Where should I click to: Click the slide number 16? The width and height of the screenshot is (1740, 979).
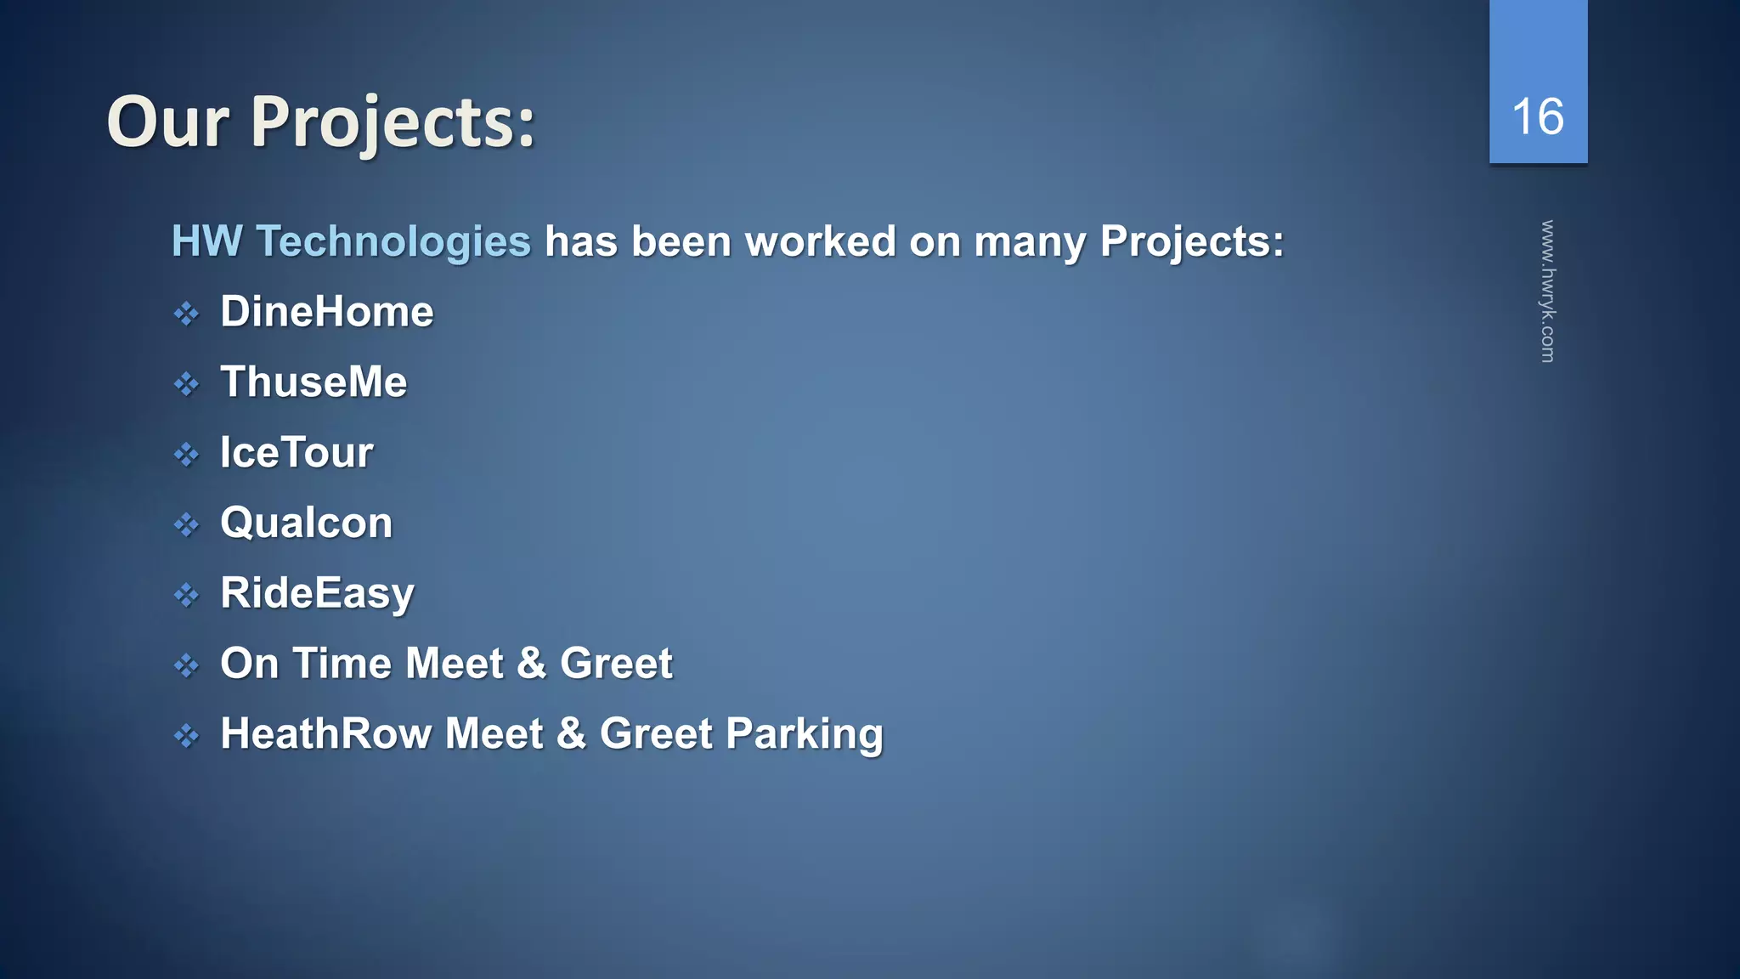point(1538,116)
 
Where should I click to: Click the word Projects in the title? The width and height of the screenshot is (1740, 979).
point(393,123)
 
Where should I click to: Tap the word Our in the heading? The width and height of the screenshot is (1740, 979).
point(167,123)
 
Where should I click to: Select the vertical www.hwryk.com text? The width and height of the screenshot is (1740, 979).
point(1548,291)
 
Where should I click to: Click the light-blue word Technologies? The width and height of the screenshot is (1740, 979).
point(393,242)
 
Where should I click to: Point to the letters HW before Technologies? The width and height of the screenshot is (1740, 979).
point(206,241)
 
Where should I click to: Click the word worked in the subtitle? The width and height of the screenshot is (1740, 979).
point(821,241)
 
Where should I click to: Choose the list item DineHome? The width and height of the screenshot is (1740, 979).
point(326,312)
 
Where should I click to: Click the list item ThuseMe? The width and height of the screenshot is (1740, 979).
point(314,382)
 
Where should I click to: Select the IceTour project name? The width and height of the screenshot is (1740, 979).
point(297,452)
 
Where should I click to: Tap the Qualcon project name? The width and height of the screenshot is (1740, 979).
point(306,523)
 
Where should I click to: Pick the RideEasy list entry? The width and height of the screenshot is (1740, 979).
point(317,593)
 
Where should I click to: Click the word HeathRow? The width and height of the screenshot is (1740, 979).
point(325,734)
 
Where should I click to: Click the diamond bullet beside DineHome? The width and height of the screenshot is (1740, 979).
point(186,314)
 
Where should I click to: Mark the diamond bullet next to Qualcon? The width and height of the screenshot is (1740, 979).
point(186,525)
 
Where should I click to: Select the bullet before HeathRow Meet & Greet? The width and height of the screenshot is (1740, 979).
point(186,736)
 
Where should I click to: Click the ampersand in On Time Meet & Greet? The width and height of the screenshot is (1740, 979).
point(531,664)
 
